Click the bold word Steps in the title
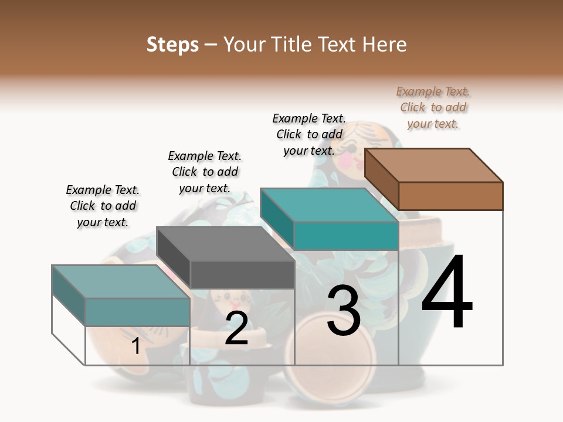point(172,45)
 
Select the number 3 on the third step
point(344,311)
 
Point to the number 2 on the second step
point(236,329)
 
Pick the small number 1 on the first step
point(136,346)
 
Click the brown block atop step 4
point(434,179)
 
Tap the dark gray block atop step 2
point(226,258)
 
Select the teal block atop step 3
point(330,219)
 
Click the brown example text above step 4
point(433,107)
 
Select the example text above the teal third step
point(309,134)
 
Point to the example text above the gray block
point(205,172)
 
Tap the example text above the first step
point(103,206)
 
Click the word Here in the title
point(385,45)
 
